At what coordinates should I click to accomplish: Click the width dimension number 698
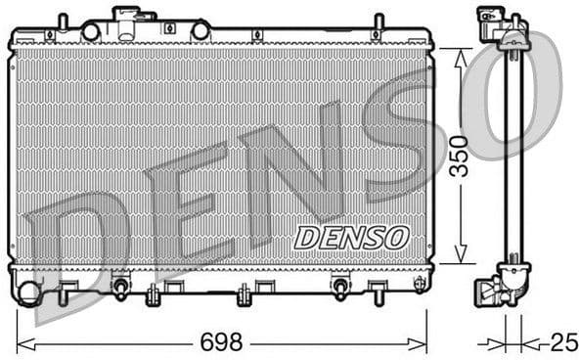(223, 343)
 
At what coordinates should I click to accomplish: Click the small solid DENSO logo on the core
(351, 237)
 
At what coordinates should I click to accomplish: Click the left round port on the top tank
(91, 31)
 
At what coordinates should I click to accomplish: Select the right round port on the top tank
(200, 31)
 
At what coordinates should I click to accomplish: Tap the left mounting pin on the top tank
(63, 21)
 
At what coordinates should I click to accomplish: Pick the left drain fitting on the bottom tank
(121, 288)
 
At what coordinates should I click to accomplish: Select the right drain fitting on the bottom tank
(340, 288)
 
